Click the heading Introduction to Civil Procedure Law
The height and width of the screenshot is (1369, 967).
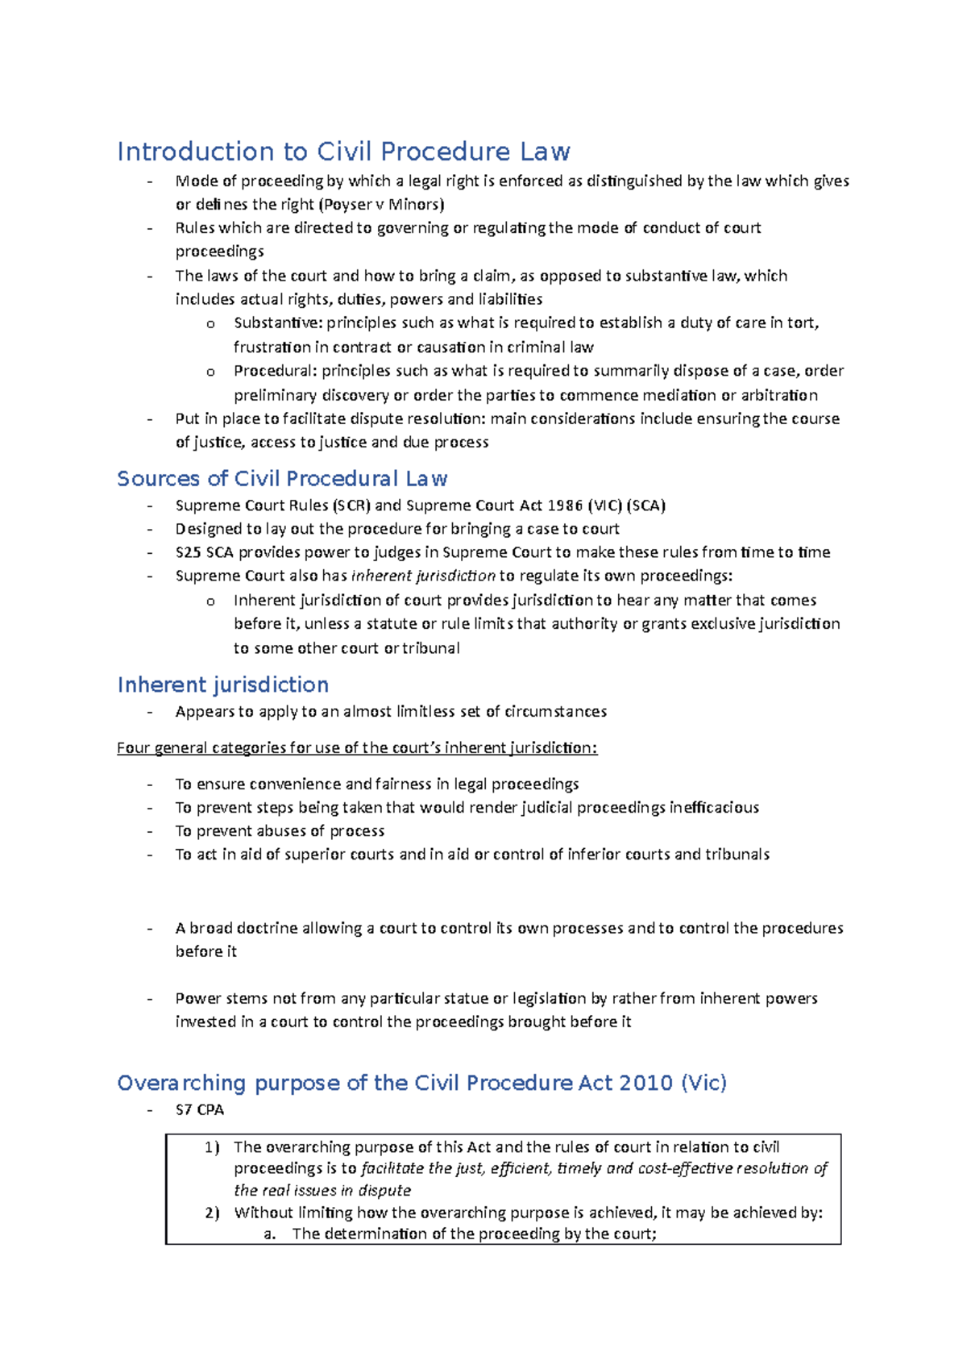pyautogui.click(x=343, y=152)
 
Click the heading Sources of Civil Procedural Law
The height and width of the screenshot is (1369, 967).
pyautogui.click(x=282, y=479)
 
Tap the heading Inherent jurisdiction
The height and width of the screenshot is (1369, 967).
pyautogui.click(x=223, y=684)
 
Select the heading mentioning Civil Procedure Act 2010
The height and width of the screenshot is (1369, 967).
pyautogui.click(x=421, y=1082)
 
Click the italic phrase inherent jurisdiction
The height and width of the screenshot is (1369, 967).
pyautogui.click(x=423, y=576)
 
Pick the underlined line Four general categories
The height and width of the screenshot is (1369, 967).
pyautogui.click(x=357, y=747)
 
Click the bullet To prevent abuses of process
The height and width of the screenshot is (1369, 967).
pyautogui.click(x=280, y=830)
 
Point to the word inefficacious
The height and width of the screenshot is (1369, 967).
pyautogui.click(x=714, y=807)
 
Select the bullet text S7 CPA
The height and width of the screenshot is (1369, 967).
pyautogui.click(x=200, y=1109)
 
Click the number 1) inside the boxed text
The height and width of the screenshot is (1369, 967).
pyautogui.click(x=211, y=1147)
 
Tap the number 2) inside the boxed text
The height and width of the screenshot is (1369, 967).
pyautogui.click(x=211, y=1213)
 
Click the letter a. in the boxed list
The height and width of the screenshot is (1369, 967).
pyautogui.click(x=270, y=1234)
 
